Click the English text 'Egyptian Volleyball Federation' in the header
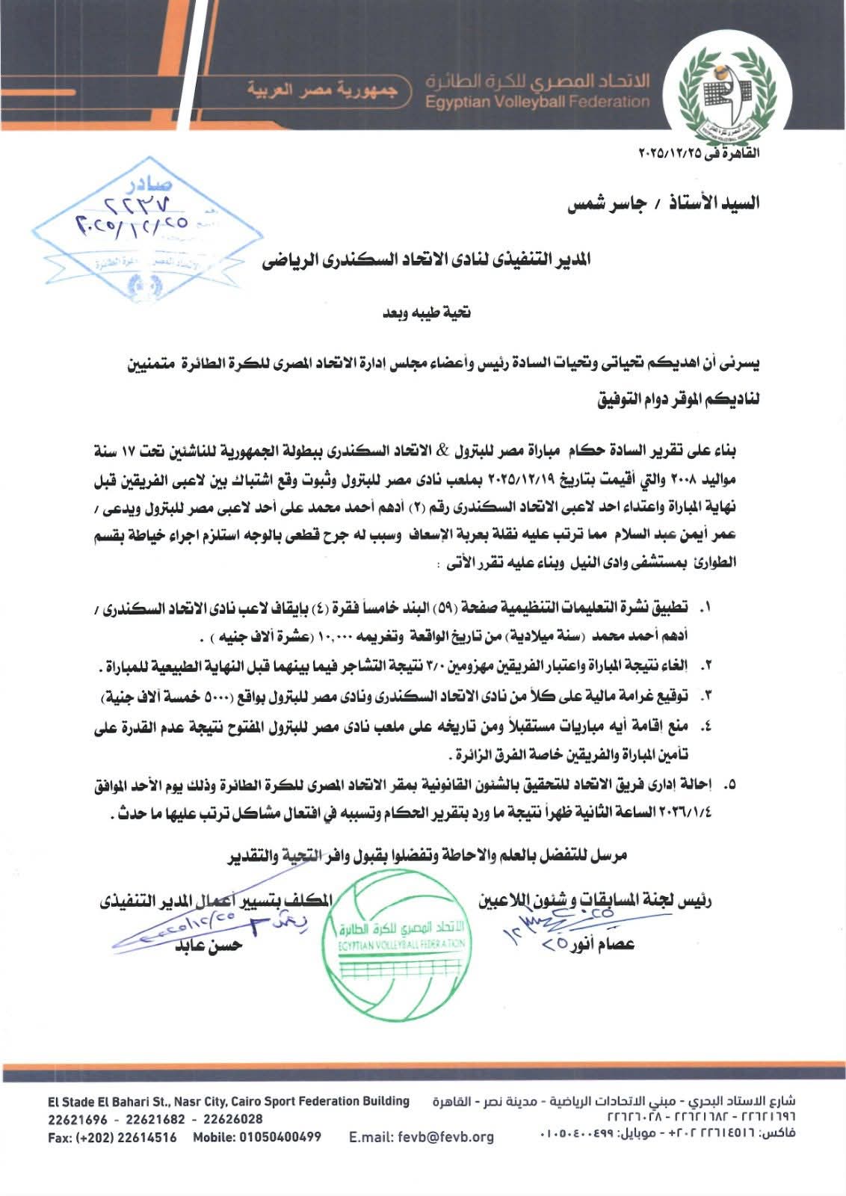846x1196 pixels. (537, 102)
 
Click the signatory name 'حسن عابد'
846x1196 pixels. (209, 944)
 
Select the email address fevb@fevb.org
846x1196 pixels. (422, 1137)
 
